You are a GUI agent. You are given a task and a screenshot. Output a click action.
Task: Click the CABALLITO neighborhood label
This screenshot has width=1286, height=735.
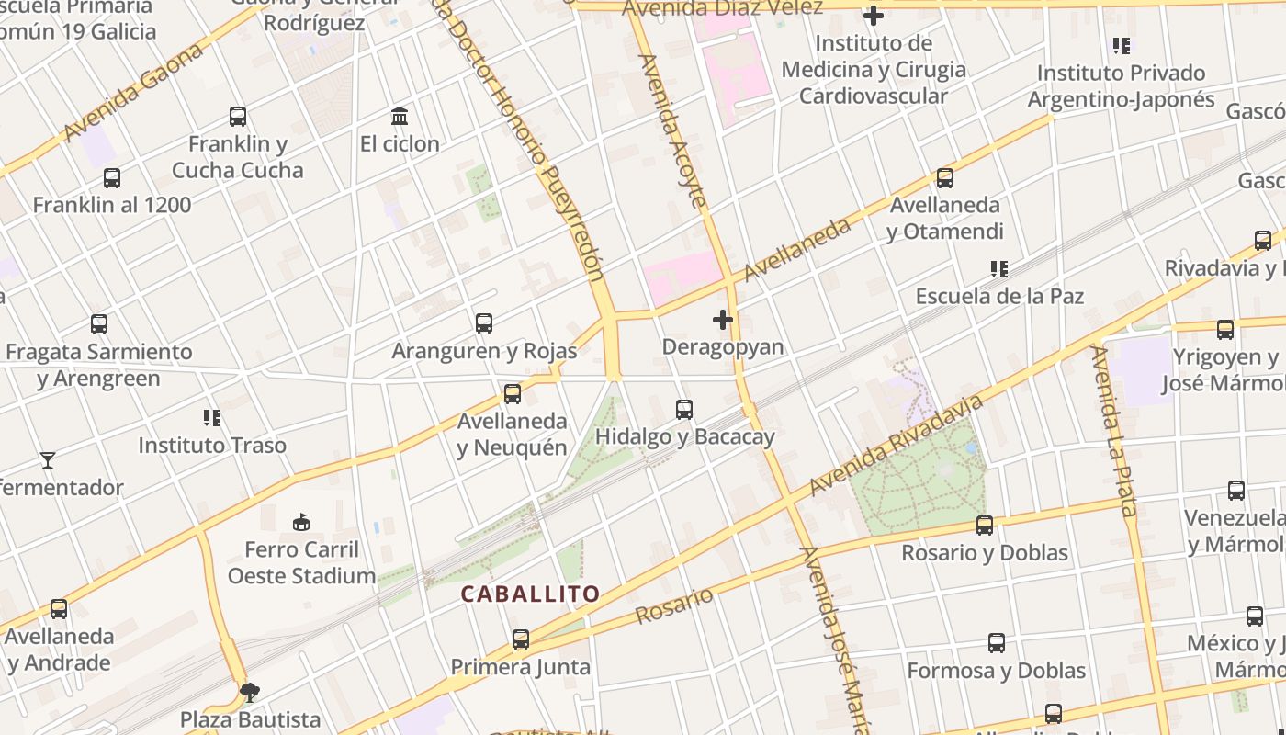[x=530, y=594]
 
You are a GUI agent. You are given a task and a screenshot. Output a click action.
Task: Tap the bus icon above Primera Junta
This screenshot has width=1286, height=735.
[x=521, y=639]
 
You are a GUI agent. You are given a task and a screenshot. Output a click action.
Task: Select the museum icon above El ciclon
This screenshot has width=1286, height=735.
[x=400, y=117]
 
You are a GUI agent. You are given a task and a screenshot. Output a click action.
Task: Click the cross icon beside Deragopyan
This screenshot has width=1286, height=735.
[x=723, y=320]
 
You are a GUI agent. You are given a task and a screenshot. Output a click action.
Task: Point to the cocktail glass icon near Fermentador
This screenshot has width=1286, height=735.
[x=48, y=459]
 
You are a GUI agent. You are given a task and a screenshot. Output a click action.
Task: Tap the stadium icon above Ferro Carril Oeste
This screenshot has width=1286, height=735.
[x=300, y=523]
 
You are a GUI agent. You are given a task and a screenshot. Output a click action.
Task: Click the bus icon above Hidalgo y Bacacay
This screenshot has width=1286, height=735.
[x=684, y=410]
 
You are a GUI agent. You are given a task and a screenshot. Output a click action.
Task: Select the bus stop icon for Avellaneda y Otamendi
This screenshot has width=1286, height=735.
[x=945, y=178]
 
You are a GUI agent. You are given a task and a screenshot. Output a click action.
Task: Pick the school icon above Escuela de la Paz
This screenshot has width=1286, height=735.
[x=999, y=269]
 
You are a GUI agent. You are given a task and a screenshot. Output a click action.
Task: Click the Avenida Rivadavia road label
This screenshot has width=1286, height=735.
[x=897, y=446]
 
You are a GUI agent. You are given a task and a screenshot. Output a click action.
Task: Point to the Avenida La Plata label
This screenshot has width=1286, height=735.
[x=1115, y=432]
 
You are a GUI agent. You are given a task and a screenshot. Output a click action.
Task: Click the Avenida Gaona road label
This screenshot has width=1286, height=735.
[x=133, y=94]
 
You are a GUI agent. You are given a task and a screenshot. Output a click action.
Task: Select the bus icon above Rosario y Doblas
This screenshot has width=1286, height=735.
[x=985, y=526]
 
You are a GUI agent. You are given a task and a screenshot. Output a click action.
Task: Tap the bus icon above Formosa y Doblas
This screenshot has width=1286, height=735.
[x=997, y=643]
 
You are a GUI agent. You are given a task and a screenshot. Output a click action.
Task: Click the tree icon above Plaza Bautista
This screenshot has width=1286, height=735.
[x=249, y=692]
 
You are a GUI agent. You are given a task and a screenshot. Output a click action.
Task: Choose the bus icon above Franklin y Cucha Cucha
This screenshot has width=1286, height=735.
[x=238, y=117]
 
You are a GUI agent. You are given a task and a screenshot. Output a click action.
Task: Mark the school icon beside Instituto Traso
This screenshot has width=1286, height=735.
[x=213, y=418]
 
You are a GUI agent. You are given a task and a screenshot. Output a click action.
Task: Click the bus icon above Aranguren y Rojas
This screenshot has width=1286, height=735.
[x=484, y=323]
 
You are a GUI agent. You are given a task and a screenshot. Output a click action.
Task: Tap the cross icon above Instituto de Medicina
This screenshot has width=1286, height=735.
[x=874, y=16]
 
